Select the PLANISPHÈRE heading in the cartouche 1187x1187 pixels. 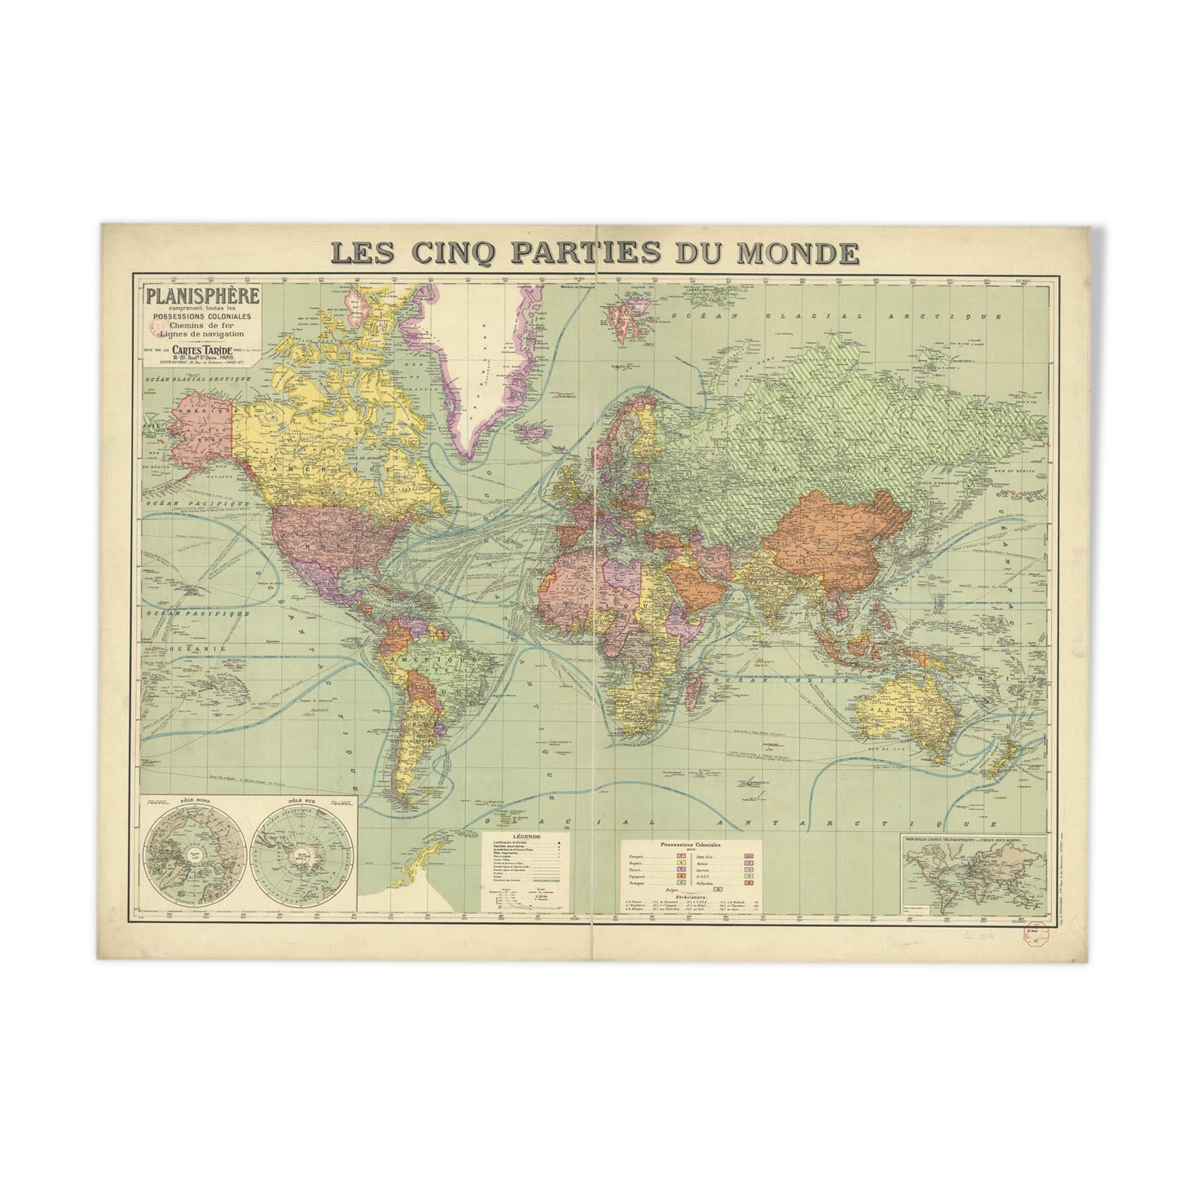[x=203, y=296]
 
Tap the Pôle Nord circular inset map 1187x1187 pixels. [x=195, y=854]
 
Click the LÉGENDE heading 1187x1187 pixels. [x=525, y=837]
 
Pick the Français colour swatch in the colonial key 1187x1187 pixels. [x=681, y=856]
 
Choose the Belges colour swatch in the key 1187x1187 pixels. [x=718, y=890]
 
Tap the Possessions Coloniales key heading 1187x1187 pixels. [x=691, y=846]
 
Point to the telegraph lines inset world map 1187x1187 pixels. [x=974, y=877]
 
